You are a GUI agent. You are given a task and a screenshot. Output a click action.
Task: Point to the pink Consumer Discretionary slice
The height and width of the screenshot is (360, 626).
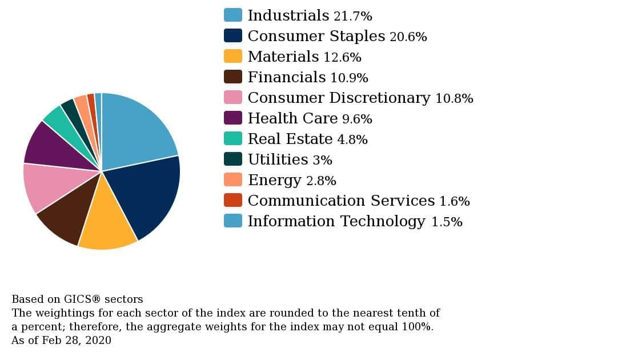pyautogui.click(x=51, y=186)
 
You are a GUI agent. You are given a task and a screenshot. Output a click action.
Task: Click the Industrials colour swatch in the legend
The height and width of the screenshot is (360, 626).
pyautogui.click(x=232, y=15)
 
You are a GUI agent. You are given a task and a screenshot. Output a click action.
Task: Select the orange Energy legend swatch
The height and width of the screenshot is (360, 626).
pyautogui.click(x=232, y=179)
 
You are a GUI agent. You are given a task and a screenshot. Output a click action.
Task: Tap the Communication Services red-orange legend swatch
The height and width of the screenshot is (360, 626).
pyautogui.click(x=232, y=200)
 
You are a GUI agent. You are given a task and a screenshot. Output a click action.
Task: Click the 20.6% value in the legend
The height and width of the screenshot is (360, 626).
pyautogui.click(x=408, y=37)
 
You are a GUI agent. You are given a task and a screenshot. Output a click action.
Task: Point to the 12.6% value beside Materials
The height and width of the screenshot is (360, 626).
pyautogui.click(x=342, y=57)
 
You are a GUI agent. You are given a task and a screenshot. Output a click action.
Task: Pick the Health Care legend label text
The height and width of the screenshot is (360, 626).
pyautogui.click(x=292, y=118)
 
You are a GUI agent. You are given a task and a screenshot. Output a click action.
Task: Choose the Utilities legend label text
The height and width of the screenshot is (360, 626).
pyautogui.click(x=278, y=159)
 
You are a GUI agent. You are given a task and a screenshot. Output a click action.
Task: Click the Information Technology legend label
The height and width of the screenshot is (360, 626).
pyautogui.click(x=336, y=221)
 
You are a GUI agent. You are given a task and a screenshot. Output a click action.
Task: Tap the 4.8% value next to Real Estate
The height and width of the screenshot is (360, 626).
pyautogui.click(x=352, y=139)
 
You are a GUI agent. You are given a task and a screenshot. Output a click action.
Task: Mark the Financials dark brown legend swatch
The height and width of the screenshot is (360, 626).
pyautogui.click(x=232, y=77)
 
